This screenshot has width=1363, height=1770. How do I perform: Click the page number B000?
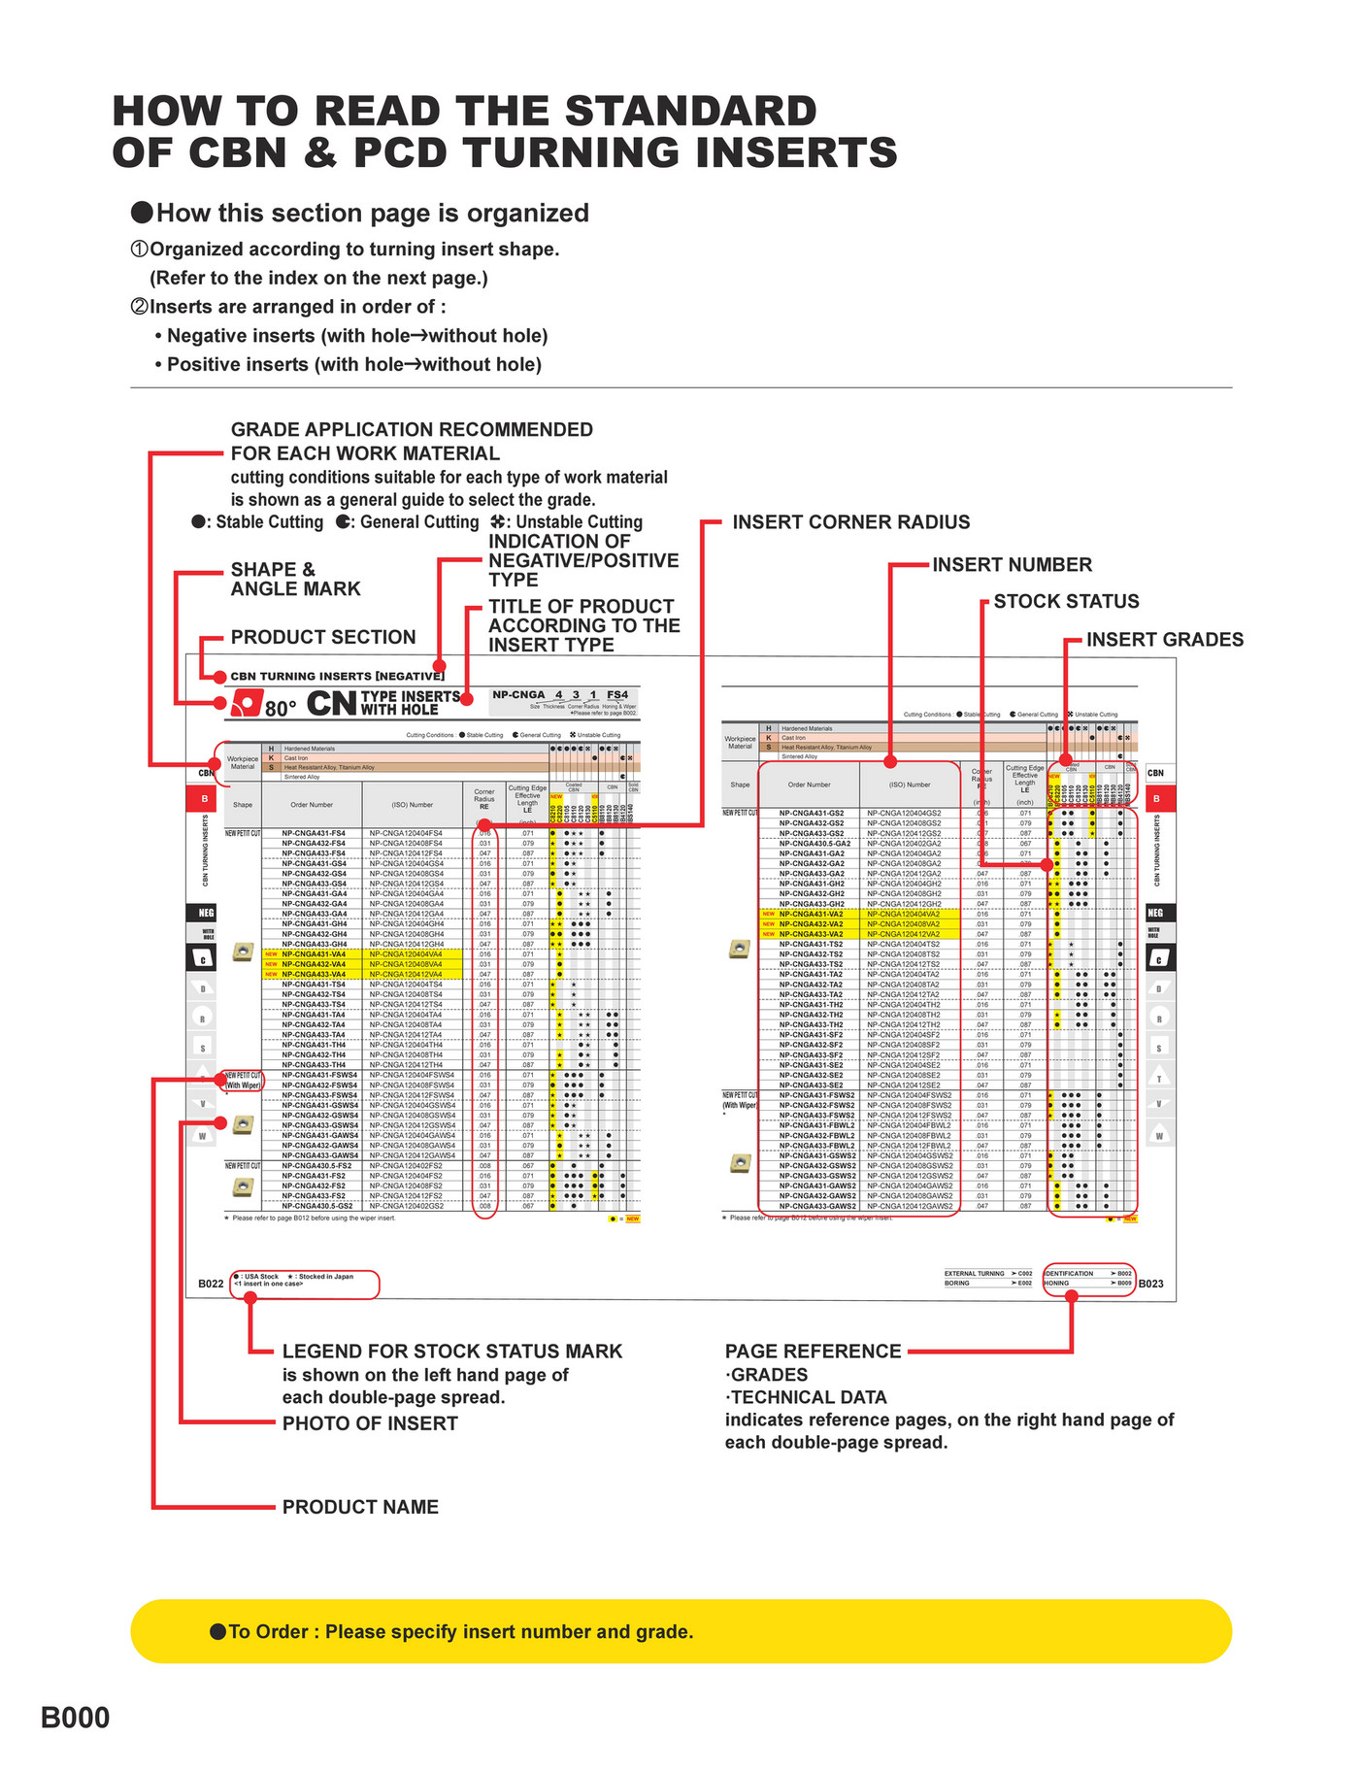(x=75, y=1718)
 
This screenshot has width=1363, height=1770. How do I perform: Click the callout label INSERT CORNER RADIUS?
(x=850, y=522)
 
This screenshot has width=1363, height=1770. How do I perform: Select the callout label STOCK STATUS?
(x=1066, y=602)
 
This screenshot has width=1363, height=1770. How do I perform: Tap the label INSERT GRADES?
(x=1164, y=640)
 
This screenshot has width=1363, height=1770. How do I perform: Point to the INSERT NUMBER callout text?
(x=1012, y=565)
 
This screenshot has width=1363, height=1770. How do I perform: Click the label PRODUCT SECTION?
(x=322, y=638)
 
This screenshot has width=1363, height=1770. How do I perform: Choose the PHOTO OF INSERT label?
(x=369, y=1423)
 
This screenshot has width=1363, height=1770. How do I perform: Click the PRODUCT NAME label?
(x=360, y=1507)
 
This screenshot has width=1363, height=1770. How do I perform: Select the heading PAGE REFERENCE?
(x=813, y=1352)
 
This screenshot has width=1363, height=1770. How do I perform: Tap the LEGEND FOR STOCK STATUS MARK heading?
(x=451, y=1352)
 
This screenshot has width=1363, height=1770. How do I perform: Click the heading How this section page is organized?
(x=372, y=214)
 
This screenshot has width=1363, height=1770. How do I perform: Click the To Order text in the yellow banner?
(x=460, y=1632)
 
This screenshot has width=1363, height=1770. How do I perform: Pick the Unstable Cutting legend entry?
(x=567, y=522)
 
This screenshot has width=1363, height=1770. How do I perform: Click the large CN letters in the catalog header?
(x=331, y=704)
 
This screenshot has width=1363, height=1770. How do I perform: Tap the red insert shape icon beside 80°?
(x=247, y=704)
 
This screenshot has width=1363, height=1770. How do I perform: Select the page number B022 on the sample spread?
(x=211, y=1284)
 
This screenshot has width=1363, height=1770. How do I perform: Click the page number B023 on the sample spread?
(x=1150, y=1284)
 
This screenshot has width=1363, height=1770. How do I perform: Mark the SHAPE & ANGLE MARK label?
(x=294, y=580)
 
